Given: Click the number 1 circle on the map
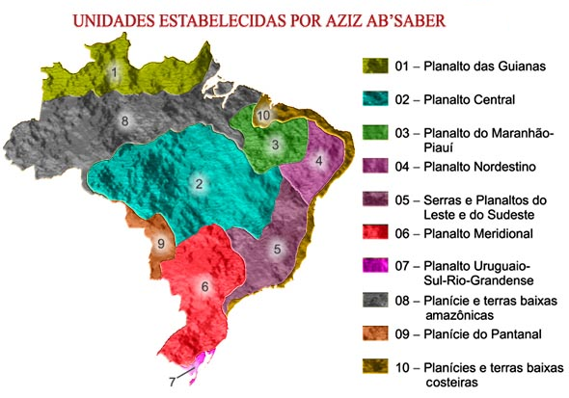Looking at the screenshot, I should point(115,70).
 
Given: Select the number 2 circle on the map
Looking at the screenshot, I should point(199,184).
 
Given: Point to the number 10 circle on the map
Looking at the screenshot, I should point(263,115).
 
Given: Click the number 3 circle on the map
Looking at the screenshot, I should point(276,146).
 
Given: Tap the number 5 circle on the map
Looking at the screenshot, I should point(278,250).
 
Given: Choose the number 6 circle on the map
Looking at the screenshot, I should point(204,286).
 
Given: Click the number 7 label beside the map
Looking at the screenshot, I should point(173,380).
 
